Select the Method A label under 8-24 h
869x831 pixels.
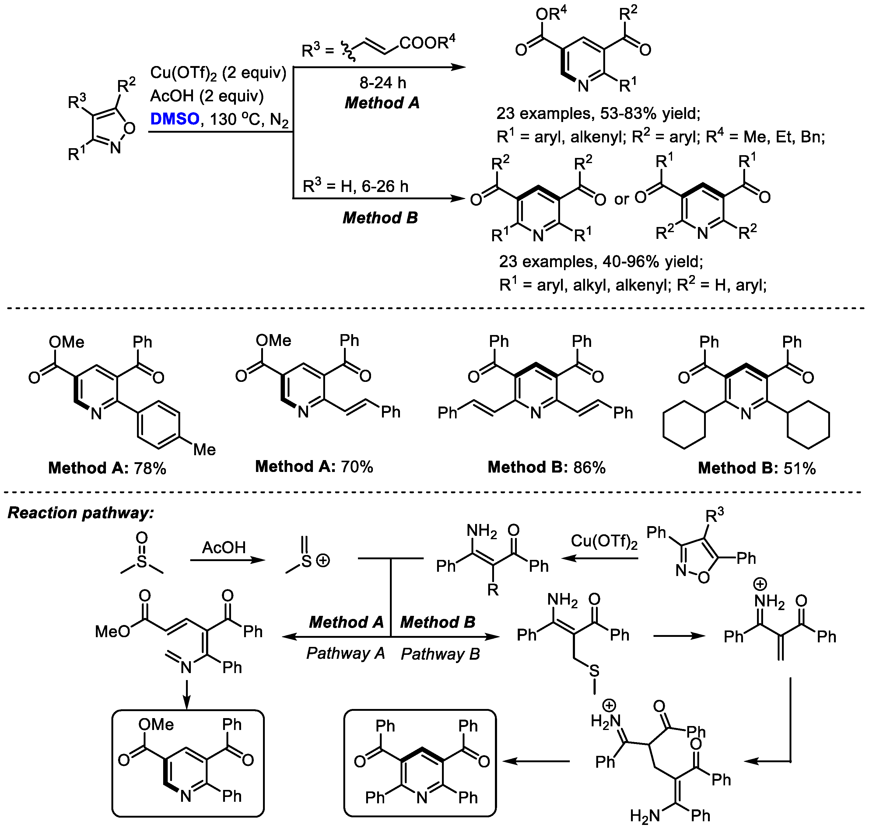pos(382,103)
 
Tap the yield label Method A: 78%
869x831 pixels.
pos(107,468)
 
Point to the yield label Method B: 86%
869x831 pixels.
pos(546,467)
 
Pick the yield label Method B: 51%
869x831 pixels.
pos(756,468)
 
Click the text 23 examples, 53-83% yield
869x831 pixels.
pos(598,114)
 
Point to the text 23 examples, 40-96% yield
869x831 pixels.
pos(601,262)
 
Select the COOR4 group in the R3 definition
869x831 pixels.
pos(427,43)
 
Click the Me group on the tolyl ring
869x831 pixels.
pos(204,450)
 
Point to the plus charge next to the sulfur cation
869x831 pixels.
pos(323,561)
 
